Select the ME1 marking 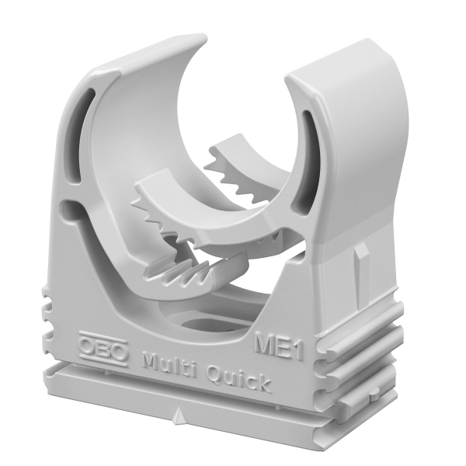tap(279, 346)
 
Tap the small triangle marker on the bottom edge tap(179, 416)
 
